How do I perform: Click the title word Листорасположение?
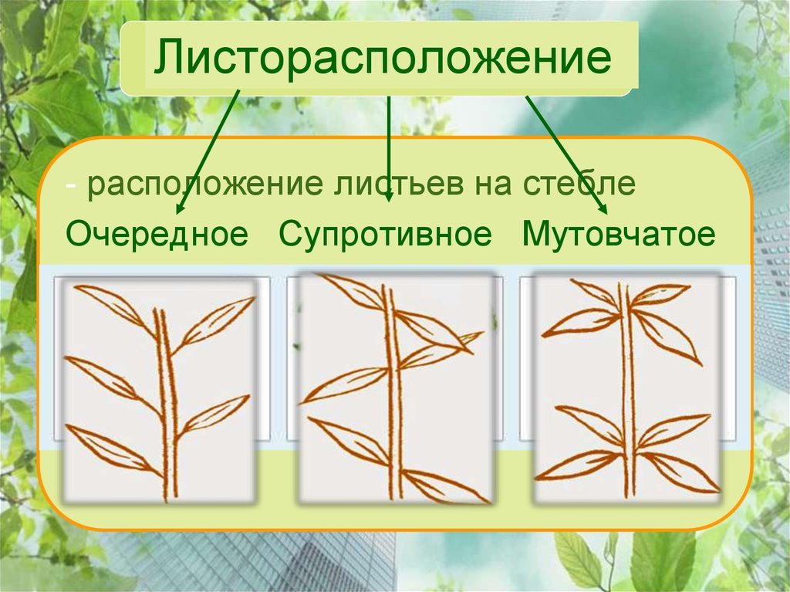coord(383,57)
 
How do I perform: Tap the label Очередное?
coord(157,234)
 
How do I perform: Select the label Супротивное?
coord(385,234)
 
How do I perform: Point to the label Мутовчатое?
coord(618,234)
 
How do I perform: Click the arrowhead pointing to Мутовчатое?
coord(602,208)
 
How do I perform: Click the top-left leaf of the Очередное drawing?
coord(115,308)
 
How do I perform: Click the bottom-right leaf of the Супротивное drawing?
coord(446,486)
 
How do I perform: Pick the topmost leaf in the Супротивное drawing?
coord(352,290)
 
